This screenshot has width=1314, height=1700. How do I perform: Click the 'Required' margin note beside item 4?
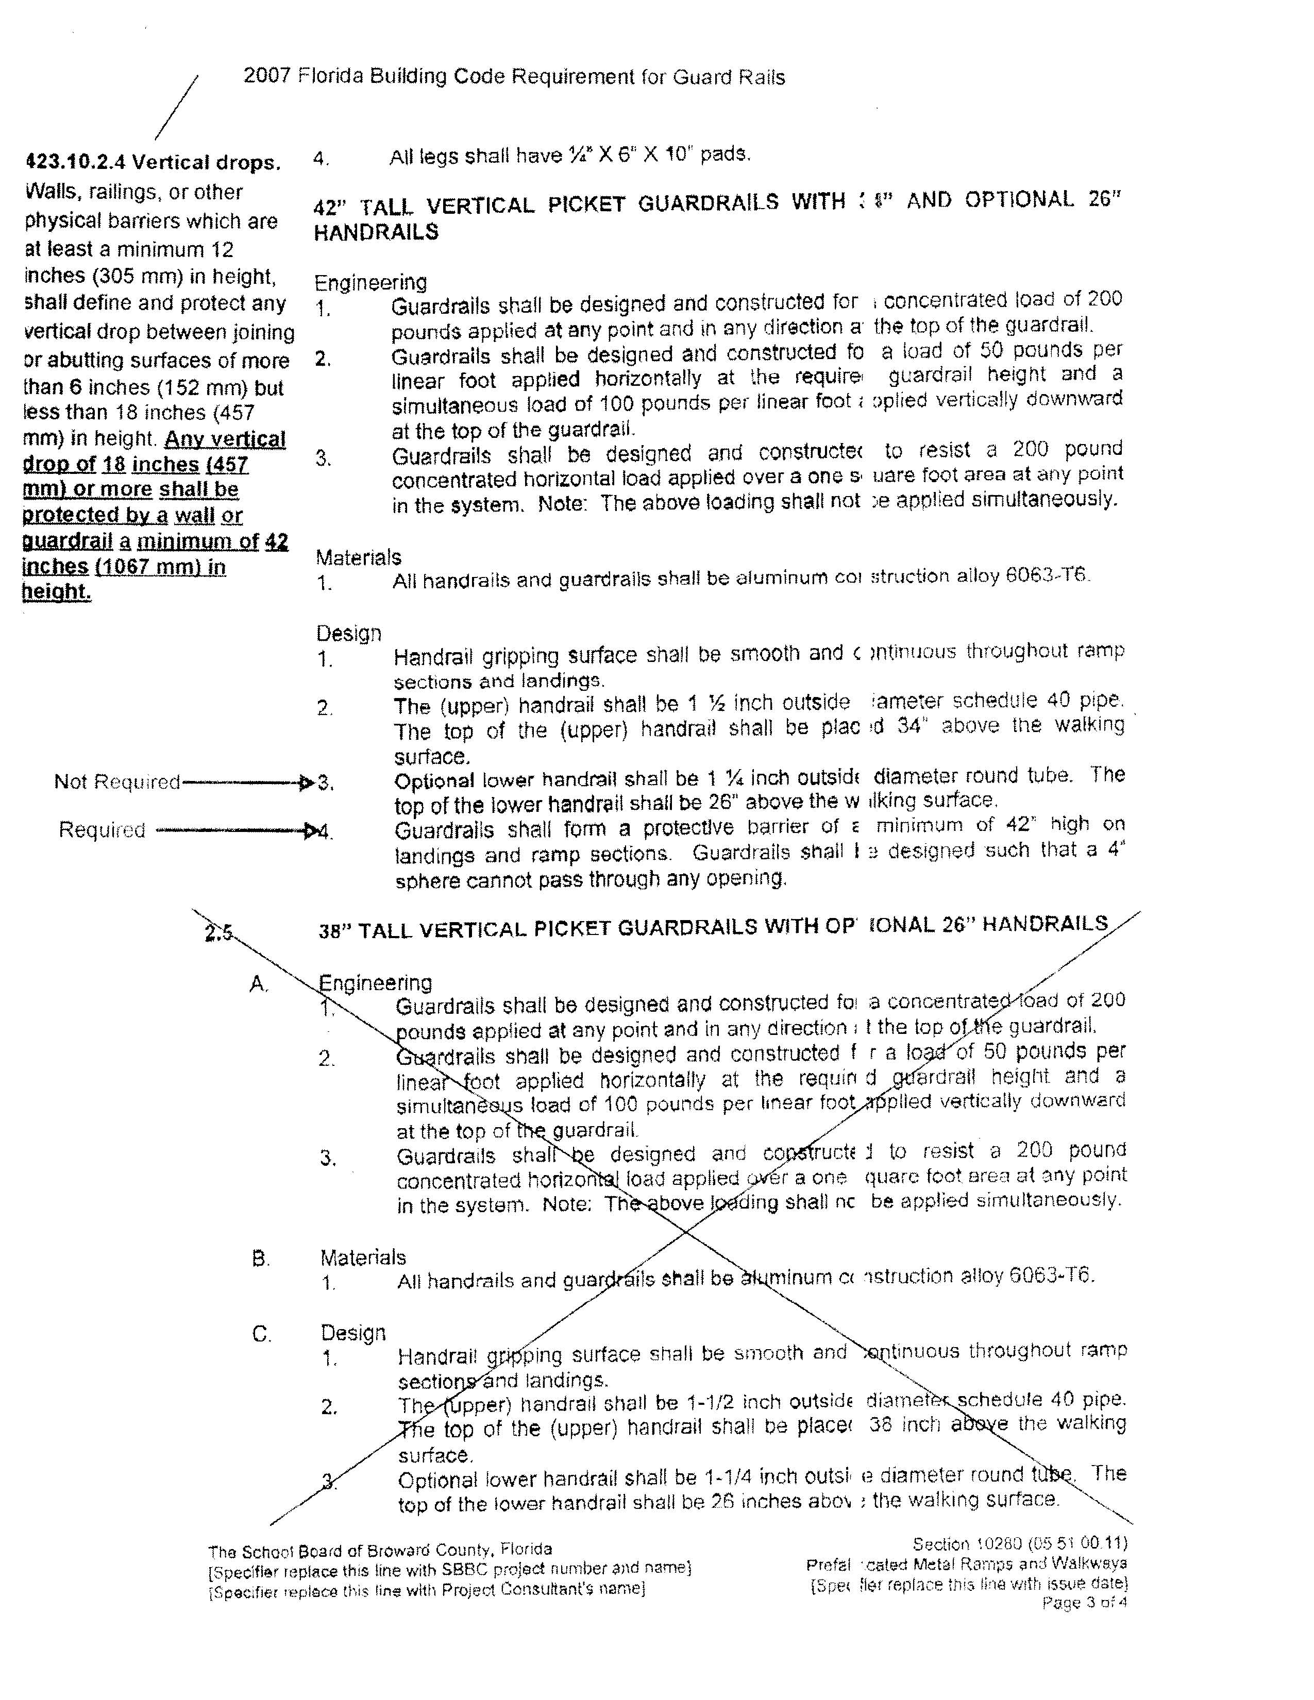[x=102, y=830]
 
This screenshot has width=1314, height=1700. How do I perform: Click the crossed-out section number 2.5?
[x=218, y=932]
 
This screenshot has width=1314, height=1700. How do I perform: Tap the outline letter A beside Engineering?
[x=259, y=984]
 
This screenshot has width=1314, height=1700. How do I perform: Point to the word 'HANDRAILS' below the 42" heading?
[x=376, y=232]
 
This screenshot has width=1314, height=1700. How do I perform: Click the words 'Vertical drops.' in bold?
[x=206, y=163]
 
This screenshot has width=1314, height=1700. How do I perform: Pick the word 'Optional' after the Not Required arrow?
[x=433, y=781]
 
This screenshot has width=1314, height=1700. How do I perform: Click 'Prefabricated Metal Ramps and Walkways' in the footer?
[x=966, y=1564]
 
